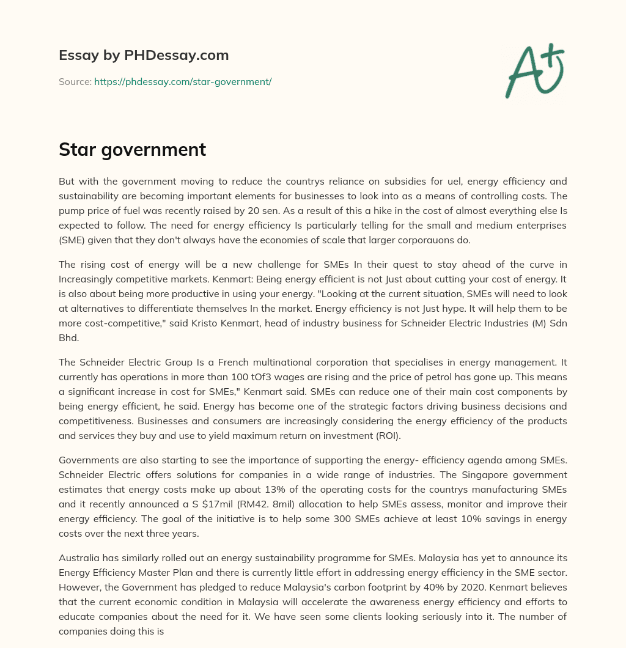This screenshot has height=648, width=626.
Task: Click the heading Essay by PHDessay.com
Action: pyautogui.click(x=144, y=56)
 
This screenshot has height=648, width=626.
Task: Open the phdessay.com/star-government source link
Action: pyautogui.click(x=183, y=81)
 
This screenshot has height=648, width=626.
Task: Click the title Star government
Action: pyautogui.click(x=132, y=150)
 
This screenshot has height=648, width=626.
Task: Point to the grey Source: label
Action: pyautogui.click(x=75, y=81)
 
